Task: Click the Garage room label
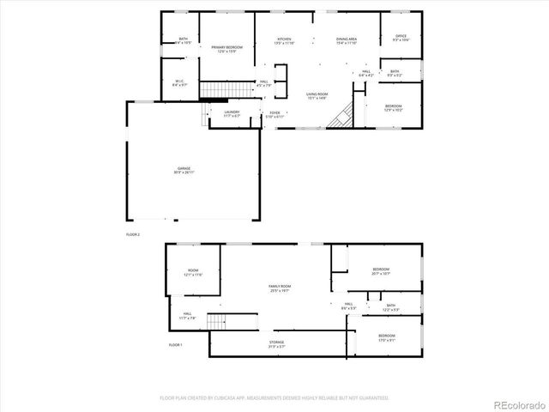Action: click(x=184, y=170)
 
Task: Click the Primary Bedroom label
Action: click(x=226, y=49)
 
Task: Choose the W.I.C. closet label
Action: click(x=180, y=83)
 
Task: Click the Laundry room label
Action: click(x=232, y=113)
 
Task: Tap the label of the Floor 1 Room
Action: click(x=193, y=273)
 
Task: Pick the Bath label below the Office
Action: click(x=395, y=73)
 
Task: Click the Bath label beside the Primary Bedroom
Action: click(x=183, y=40)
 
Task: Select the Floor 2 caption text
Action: click(x=132, y=233)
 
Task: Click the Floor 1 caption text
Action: click(x=175, y=344)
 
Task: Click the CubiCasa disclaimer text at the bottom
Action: click(x=274, y=397)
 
